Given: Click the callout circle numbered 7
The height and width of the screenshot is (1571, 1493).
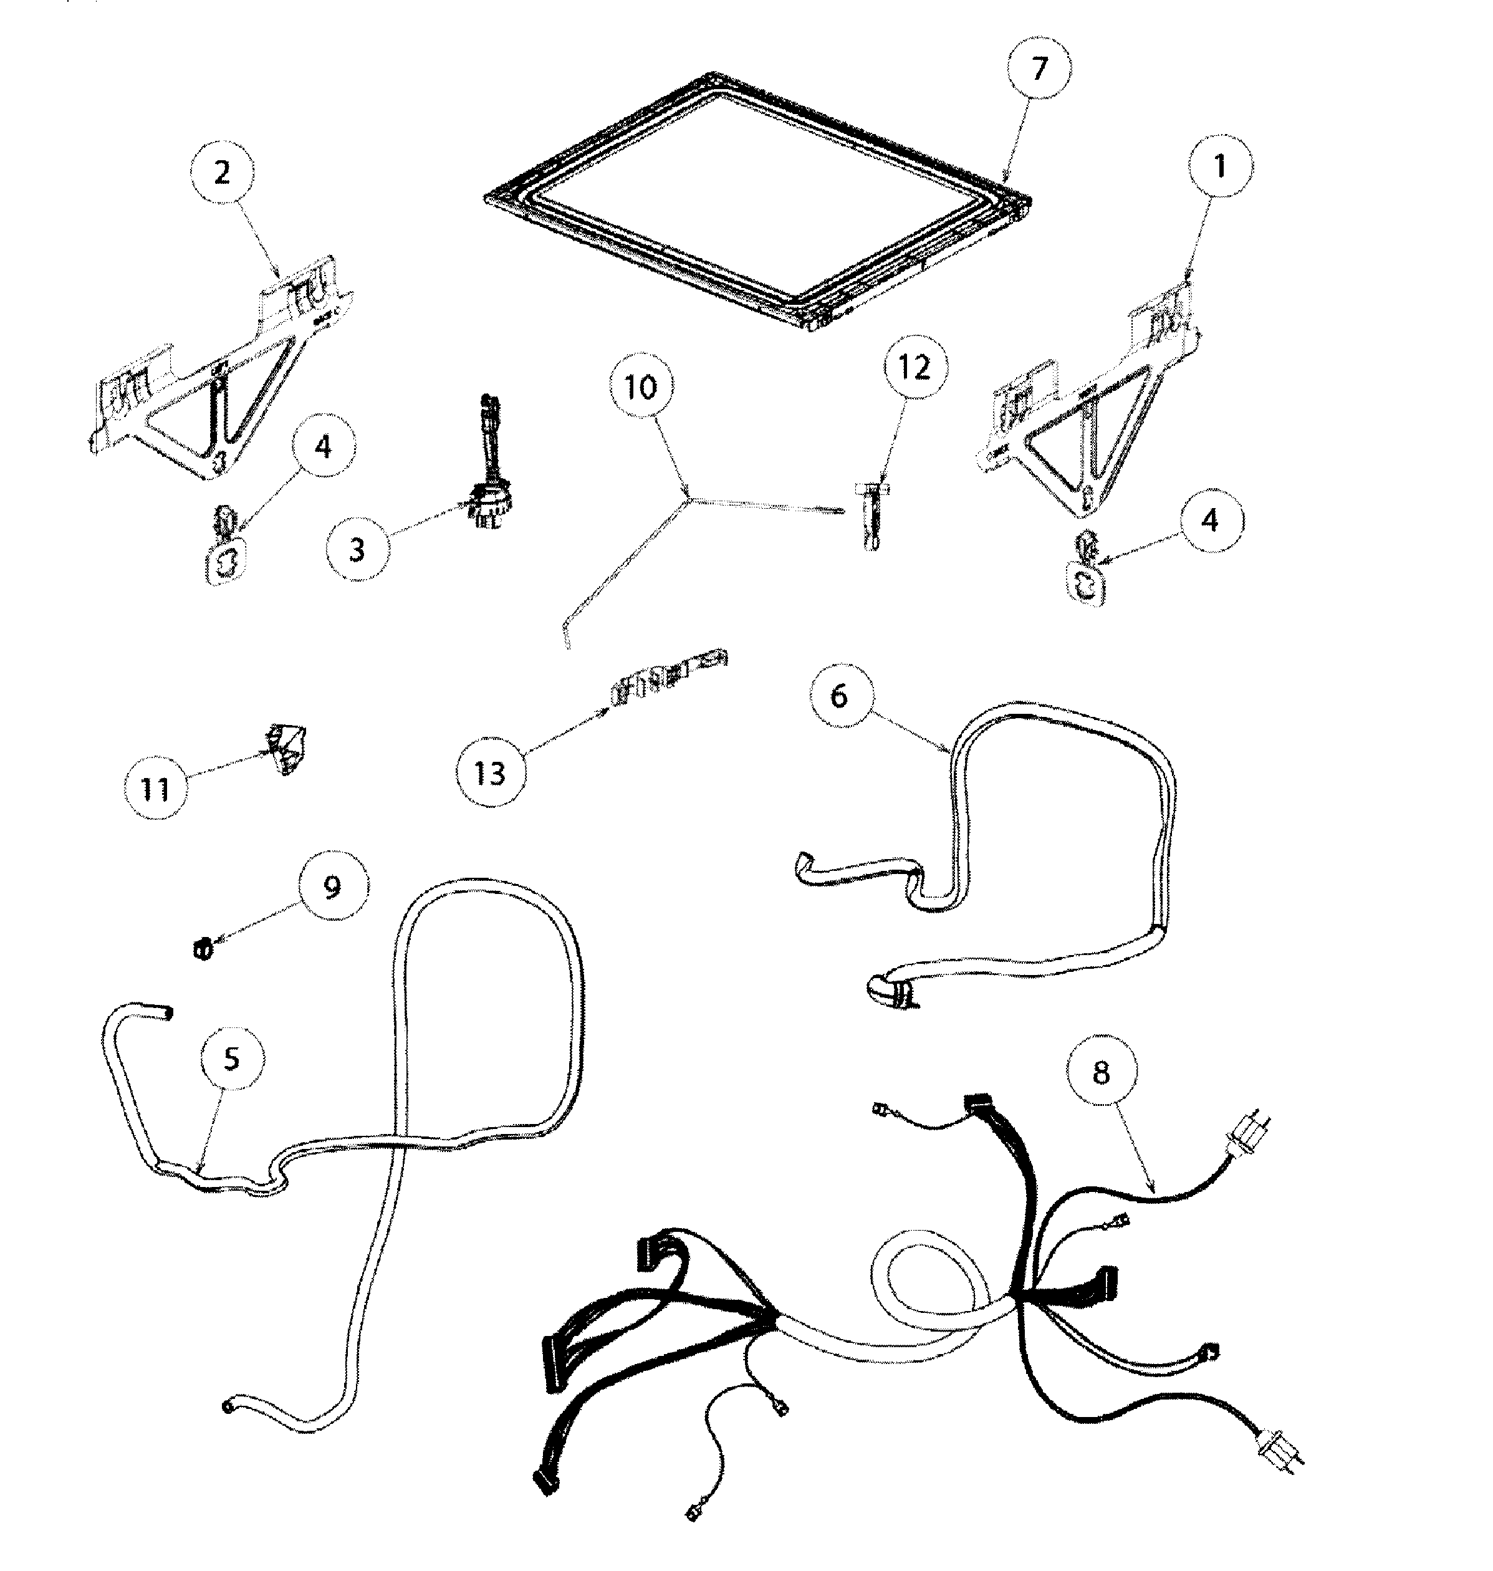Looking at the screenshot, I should tap(1038, 69).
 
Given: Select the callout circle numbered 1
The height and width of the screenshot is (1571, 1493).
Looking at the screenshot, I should tap(1219, 166).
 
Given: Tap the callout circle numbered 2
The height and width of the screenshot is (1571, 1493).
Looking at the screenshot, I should tap(222, 173).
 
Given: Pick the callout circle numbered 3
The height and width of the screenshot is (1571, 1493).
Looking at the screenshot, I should tap(357, 549).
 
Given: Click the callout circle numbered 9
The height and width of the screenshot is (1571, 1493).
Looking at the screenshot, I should tap(333, 886).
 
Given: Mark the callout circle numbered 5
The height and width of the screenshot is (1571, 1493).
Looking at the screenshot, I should tap(232, 1059).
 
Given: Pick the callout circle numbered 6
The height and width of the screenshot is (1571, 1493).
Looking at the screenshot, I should tap(839, 696).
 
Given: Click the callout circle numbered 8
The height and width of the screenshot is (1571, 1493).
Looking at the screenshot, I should tap(1101, 1072).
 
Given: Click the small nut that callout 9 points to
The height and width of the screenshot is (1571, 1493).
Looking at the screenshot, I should tap(204, 949).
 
